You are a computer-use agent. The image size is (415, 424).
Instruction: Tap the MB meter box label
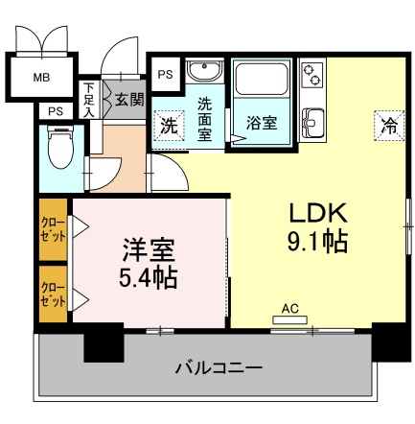tap(43, 77)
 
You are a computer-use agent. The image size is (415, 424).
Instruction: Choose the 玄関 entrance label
tap(127, 98)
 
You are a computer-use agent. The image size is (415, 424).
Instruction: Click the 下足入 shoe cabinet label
tap(89, 100)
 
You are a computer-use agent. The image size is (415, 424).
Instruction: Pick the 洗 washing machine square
tap(168, 126)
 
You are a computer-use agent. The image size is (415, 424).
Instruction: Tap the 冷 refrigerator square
tap(389, 125)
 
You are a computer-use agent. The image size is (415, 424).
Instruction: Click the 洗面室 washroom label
tap(206, 117)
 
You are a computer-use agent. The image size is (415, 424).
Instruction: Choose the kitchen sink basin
tap(313, 123)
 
